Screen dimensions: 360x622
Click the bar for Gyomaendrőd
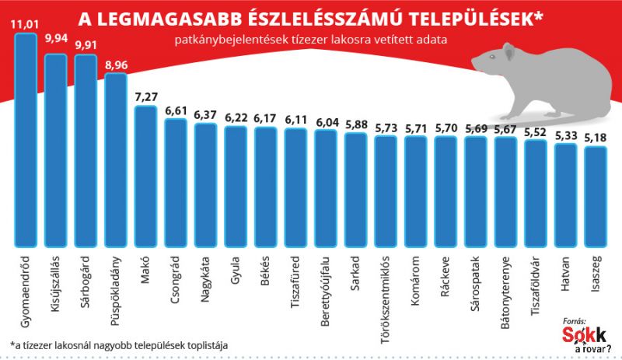pos(26,140)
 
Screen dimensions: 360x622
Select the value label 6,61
pos(175,110)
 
